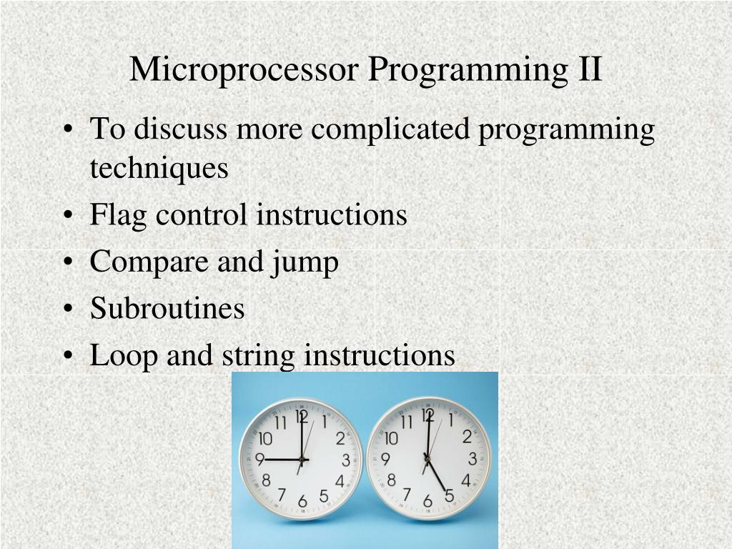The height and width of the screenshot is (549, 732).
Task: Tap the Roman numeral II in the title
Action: pyautogui.click(x=587, y=70)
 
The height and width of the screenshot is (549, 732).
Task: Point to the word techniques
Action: pyautogui.click(x=159, y=168)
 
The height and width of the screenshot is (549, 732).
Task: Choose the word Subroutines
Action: pyautogui.click(x=167, y=309)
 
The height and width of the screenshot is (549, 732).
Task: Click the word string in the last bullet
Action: pyautogui.click(x=258, y=356)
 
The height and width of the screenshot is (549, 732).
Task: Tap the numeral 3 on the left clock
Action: pyautogui.click(x=346, y=460)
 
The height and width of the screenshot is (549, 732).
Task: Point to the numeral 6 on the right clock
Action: pyautogui.click(x=427, y=501)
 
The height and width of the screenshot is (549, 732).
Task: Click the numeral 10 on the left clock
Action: pyautogui.click(x=265, y=439)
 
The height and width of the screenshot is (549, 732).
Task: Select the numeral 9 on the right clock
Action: pyautogui.click(x=386, y=459)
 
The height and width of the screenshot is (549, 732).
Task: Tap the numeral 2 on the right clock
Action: pyautogui.click(x=467, y=437)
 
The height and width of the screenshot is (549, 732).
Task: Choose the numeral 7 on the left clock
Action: pyautogui.click(x=282, y=494)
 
